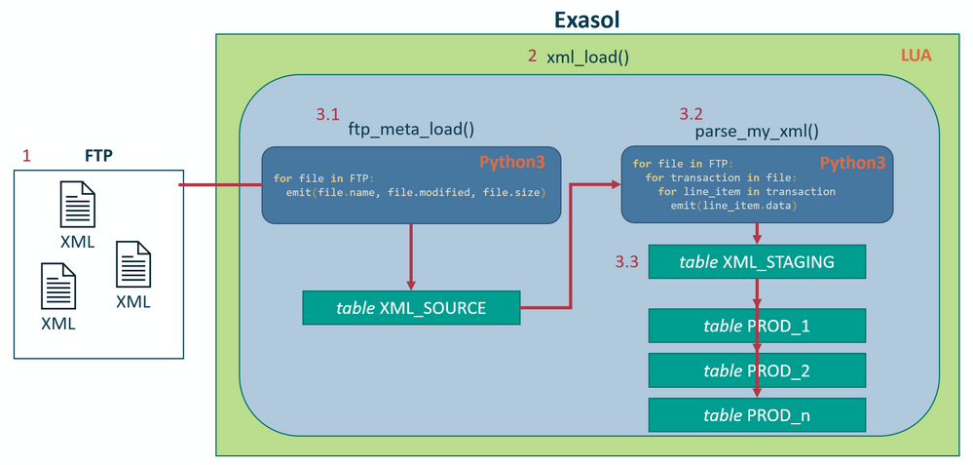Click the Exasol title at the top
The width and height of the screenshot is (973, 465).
click(x=587, y=19)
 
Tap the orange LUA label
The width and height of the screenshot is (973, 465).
click(x=916, y=56)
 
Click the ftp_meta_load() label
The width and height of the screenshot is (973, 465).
click(x=411, y=131)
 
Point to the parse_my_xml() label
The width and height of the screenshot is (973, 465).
click(x=757, y=132)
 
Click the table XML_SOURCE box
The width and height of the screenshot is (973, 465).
click(x=411, y=307)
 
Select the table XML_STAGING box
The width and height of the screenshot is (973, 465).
click(x=757, y=261)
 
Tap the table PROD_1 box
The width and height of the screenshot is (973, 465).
click(x=757, y=326)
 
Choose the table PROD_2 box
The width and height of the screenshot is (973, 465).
click(x=757, y=370)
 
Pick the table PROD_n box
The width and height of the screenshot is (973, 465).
click(x=757, y=415)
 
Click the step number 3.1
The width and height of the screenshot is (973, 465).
click(x=327, y=115)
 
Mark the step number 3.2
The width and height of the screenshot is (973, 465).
click(x=691, y=114)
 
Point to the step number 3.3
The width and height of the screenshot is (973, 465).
click(x=626, y=262)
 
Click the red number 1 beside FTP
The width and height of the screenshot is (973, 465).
click(x=26, y=156)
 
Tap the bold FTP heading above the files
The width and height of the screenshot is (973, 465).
click(x=98, y=156)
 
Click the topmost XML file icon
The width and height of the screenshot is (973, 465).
click(x=78, y=205)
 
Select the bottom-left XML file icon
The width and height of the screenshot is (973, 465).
click(x=58, y=286)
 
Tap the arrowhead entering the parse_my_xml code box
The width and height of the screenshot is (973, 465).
click(x=617, y=184)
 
